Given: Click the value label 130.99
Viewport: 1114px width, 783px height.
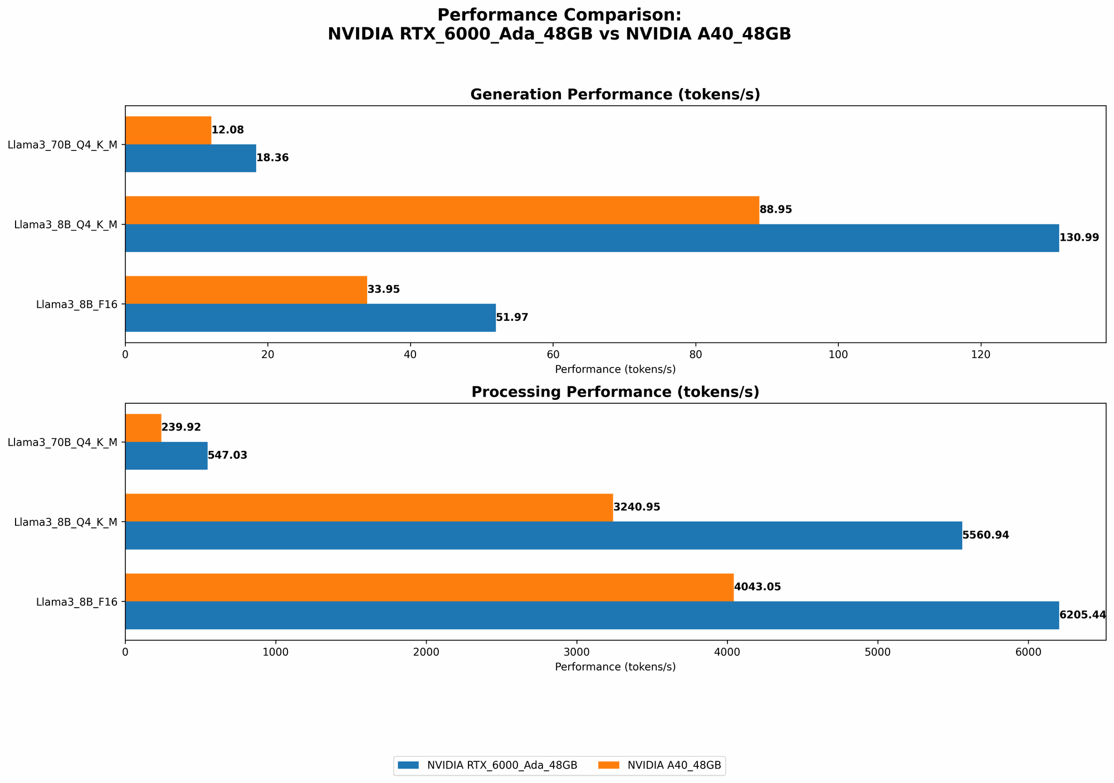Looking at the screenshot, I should tap(1079, 238).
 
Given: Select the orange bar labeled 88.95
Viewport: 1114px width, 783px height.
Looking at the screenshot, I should tap(442, 210).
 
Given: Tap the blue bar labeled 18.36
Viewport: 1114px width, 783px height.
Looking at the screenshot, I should tap(190, 158).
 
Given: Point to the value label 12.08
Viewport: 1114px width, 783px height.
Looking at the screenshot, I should tap(227, 130).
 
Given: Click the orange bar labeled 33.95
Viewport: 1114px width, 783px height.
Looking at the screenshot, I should tap(246, 290).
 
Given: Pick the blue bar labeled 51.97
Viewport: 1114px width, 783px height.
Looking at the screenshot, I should tap(310, 317).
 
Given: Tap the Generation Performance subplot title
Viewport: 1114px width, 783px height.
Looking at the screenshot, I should tap(615, 95).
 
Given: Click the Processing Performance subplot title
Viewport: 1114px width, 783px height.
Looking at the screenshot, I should tap(615, 392).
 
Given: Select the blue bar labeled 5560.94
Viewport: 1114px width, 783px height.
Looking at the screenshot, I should tap(543, 535).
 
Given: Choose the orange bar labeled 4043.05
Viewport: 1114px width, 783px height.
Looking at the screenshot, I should tap(429, 587).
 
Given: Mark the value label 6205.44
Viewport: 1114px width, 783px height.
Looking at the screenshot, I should tap(1082, 615).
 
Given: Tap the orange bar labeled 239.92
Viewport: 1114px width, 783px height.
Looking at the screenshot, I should tap(143, 428).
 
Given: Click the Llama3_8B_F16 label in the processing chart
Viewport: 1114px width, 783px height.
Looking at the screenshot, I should tap(77, 602).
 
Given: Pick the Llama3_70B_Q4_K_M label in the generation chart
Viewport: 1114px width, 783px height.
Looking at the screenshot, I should tap(62, 145).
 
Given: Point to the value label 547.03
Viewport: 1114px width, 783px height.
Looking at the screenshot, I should tap(227, 456).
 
